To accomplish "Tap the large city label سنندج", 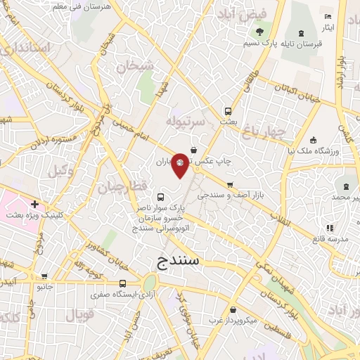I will [176, 260].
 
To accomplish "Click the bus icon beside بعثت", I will [227, 110].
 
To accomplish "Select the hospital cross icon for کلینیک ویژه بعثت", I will [34, 205].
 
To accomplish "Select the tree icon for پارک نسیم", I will [260, 32].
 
